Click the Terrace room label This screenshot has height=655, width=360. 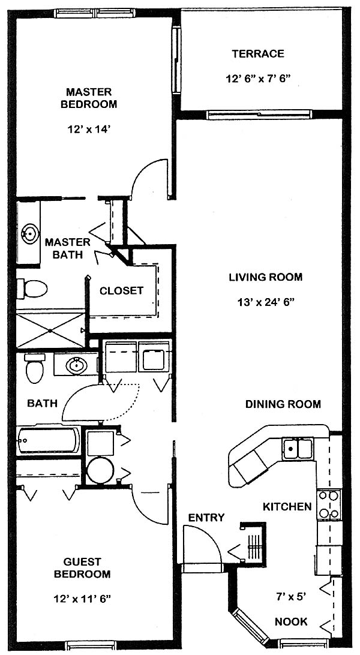(258, 54)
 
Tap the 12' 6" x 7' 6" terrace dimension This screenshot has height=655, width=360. (258, 79)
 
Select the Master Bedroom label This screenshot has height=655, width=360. (89, 98)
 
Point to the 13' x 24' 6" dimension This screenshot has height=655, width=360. (265, 302)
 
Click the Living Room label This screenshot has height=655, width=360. (265, 277)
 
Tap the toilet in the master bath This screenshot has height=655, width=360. (32, 289)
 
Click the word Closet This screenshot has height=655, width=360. (121, 291)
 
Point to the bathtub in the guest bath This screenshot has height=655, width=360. (48, 440)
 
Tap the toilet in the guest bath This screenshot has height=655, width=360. (34, 368)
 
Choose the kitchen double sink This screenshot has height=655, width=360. (298, 449)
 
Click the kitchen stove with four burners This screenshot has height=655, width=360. (329, 504)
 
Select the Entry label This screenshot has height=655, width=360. (206, 518)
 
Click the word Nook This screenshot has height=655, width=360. (291, 621)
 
